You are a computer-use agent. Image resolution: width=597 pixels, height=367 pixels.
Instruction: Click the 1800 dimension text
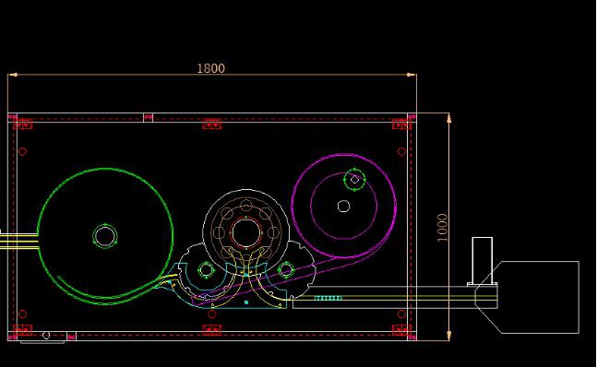tap(210, 68)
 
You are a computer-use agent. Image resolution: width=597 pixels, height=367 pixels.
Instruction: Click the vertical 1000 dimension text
tap(442, 228)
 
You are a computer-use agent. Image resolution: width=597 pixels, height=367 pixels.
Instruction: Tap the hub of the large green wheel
tap(104, 236)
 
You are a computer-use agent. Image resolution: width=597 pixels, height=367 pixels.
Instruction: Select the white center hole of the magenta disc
tap(344, 207)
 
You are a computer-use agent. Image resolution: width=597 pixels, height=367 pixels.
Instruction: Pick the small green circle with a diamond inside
tap(354, 180)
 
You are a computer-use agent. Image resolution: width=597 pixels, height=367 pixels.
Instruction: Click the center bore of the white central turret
tap(246, 233)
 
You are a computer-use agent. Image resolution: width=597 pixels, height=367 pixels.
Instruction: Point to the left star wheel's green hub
tap(206, 270)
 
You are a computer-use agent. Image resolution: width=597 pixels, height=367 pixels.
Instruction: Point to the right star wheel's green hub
tap(285, 270)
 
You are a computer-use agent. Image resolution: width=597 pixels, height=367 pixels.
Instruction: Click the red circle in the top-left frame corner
tap(22, 151)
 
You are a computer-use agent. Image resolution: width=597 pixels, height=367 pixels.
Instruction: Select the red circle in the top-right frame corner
tap(401, 151)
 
